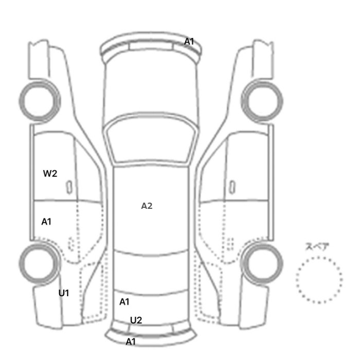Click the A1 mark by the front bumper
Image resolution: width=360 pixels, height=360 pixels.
coord(189,42)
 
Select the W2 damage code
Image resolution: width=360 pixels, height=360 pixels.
coord(50,174)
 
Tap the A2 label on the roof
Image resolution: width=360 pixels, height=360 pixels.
coord(147,206)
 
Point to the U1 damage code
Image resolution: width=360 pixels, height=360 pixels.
coord(64,293)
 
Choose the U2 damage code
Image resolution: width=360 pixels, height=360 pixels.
coord(136,320)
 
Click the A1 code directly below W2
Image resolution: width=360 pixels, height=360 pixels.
coord(46,222)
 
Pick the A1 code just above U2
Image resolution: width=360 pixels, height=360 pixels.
coord(124,302)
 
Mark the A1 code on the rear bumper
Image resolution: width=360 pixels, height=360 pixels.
coord(131,341)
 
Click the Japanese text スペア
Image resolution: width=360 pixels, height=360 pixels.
coord(317,246)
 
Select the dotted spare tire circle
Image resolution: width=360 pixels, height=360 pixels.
coord(319,257)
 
